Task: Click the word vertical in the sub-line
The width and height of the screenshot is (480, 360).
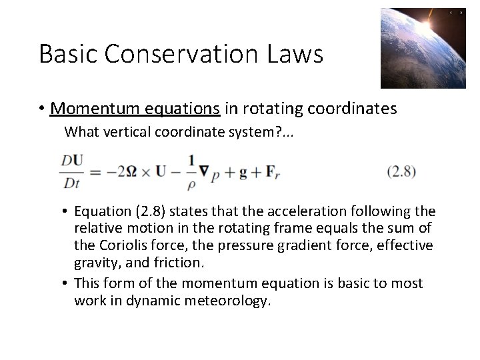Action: click(x=126, y=132)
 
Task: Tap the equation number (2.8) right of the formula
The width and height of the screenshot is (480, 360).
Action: click(x=401, y=171)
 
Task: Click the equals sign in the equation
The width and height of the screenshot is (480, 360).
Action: click(x=95, y=171)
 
